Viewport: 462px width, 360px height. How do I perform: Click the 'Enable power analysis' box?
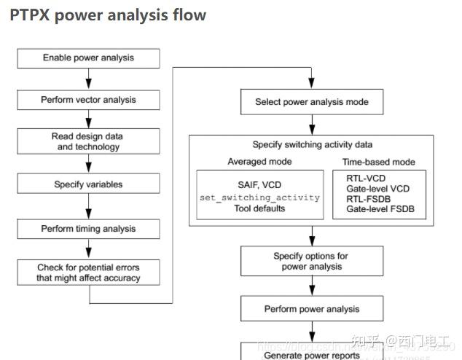[x=88, y=58]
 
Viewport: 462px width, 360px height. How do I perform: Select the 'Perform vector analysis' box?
[x=88, y=99]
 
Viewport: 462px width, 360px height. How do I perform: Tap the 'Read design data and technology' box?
[x=88, y=141]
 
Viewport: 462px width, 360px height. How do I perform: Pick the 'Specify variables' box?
[x=88, y=184]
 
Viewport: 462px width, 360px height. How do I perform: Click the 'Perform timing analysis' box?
[x=88, y=229]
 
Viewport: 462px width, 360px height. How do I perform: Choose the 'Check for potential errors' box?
[x=88, y=273]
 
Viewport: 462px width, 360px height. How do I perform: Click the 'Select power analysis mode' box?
[x=312, y=102]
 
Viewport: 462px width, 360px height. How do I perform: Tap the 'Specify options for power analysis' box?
[x=312, y=261]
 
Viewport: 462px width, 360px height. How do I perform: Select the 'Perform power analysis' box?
[x=312, y=309]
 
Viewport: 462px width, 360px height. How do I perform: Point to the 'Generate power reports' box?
[x=312, y=353]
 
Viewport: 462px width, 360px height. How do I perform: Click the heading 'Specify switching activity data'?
[x=312, y=145]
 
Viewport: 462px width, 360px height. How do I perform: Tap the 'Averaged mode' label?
[x=259, y=161]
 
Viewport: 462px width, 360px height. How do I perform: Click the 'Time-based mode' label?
[x=379, y=161]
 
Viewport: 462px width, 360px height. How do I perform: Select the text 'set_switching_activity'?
[x=259, y=197]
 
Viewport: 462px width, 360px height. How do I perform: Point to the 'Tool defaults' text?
[x=259, y=208]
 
